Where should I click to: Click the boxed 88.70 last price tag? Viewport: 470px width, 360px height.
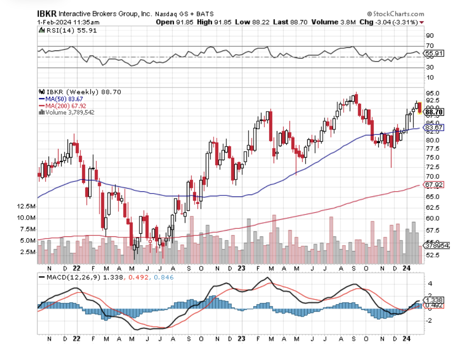pos(434,112)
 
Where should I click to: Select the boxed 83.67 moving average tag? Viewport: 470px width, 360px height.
pos(434,127)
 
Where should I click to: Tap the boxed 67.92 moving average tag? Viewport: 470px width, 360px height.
pos(434,184)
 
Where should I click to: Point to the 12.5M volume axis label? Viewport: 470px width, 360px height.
pos(26,206)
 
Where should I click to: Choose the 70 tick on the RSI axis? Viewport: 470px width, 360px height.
pos(429,46)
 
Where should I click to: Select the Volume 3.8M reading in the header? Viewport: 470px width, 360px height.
pos(334,22)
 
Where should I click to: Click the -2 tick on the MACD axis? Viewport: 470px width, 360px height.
pos(429,321)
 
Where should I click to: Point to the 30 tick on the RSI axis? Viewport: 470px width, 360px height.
pos(429,67)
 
